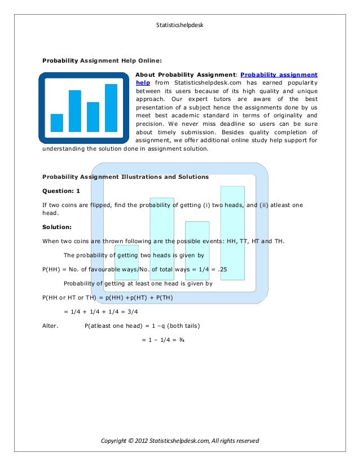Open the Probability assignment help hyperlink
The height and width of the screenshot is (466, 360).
279,74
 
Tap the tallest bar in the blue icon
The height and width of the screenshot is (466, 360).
111,107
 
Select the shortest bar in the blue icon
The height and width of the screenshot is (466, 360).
57,122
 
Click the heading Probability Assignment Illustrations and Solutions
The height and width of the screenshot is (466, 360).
125,177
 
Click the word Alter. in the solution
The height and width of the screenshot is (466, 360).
51,326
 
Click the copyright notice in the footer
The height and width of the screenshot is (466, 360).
179,440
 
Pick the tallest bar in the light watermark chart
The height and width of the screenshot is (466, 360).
232,232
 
